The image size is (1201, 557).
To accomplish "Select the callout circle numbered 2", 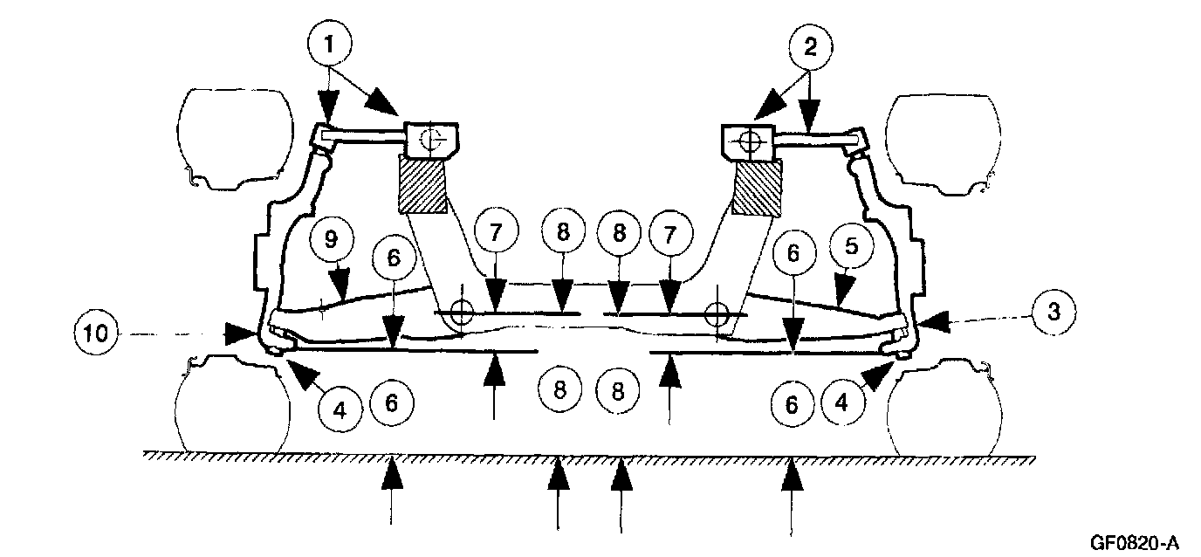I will pyautogui.click(x=810, y=49).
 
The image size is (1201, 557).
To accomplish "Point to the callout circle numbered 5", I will pyautogui.click(x=850, y=248).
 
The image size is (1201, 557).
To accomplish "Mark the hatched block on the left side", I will pyautogui.click(x=423, y=184).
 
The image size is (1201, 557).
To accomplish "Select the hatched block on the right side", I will pyautogui.click(x=758, y=188).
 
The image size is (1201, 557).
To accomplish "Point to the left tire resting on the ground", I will pyautogui.click(x=232, y=406).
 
